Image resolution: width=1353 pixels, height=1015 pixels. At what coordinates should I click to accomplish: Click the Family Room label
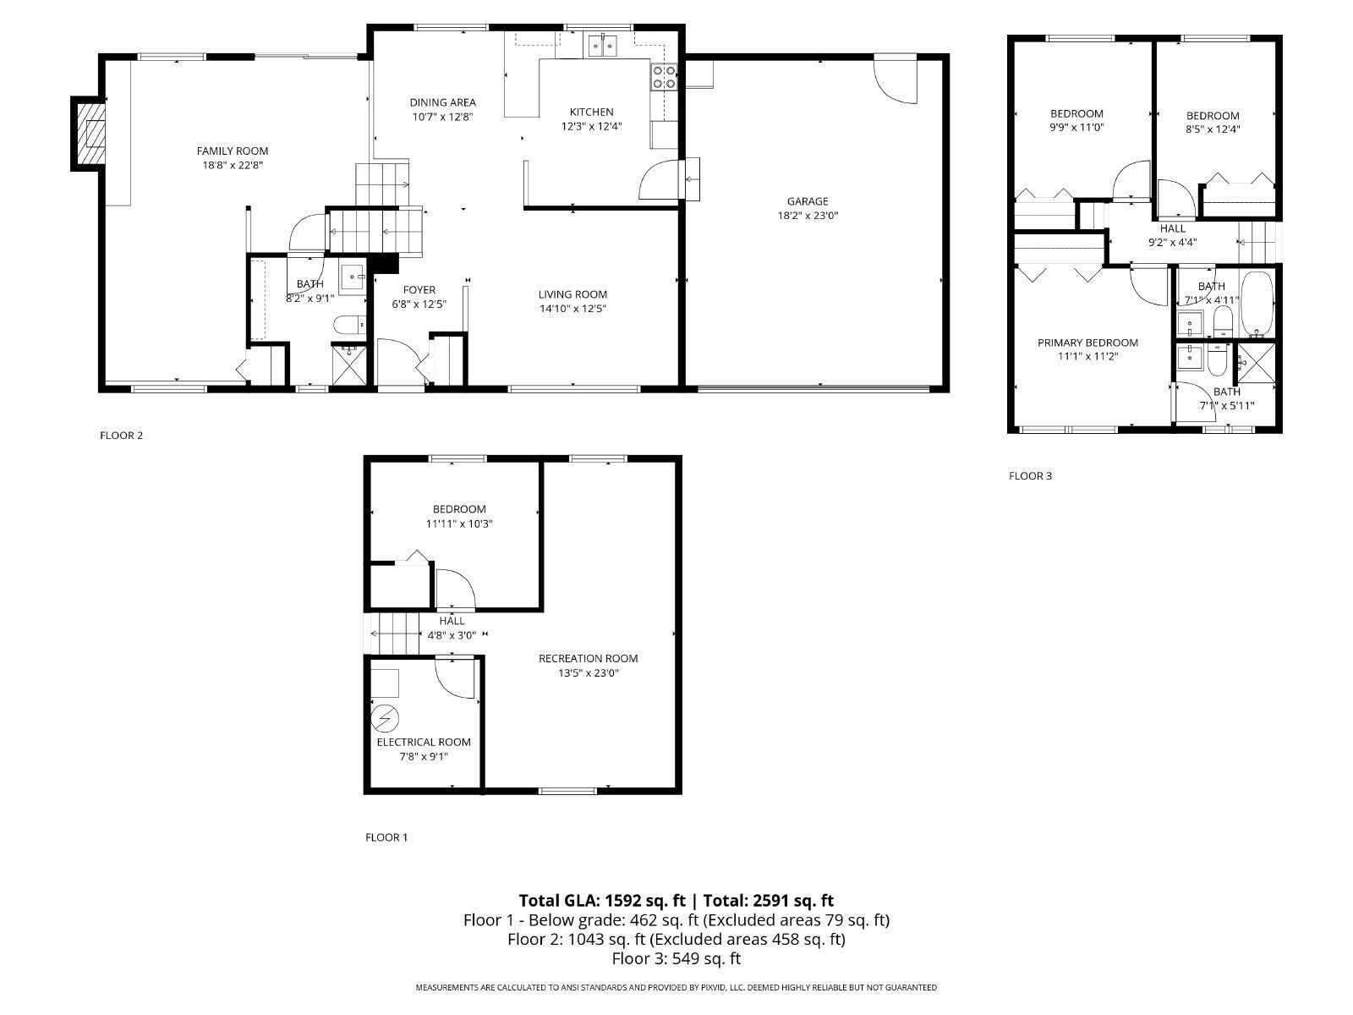click(233, 151)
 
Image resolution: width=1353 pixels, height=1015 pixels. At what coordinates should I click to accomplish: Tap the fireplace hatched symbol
click(88, 133)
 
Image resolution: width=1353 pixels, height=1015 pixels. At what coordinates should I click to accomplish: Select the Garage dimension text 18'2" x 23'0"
click(808, 216)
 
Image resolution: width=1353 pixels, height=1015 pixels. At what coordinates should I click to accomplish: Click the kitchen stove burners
click(664, 77)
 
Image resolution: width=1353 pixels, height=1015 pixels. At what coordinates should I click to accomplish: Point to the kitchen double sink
click(602, 46)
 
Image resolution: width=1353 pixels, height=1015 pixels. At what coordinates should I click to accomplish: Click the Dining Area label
click(442, 102)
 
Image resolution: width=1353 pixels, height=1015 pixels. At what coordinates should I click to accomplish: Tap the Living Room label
click(572, 294)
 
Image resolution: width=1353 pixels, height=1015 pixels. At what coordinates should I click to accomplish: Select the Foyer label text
click(419, 290)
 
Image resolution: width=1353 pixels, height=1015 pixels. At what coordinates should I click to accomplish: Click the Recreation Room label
click(588, 659)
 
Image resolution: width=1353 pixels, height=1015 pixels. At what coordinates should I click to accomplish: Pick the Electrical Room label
click(424, 743)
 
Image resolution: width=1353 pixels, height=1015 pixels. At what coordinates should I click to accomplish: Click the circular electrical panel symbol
click(385, 718)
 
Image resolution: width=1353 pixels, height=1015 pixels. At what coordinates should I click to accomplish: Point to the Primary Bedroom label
click(1087, 343)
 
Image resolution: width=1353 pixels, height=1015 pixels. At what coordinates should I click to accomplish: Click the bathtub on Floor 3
click(1257, 304)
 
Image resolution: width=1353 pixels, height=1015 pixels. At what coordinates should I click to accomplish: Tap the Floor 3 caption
click(1030, 475)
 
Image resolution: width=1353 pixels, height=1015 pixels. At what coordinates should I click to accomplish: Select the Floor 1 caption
click(386, 837)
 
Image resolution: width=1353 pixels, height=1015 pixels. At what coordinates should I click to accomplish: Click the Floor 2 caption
click(122, 436)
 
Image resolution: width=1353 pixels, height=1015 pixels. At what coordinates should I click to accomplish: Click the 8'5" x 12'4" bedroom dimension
click(1213, 129)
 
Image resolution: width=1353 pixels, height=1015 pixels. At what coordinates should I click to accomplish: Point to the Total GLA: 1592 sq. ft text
click(601, 901)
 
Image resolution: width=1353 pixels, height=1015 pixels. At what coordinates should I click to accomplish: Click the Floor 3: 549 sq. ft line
click(676, 959)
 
